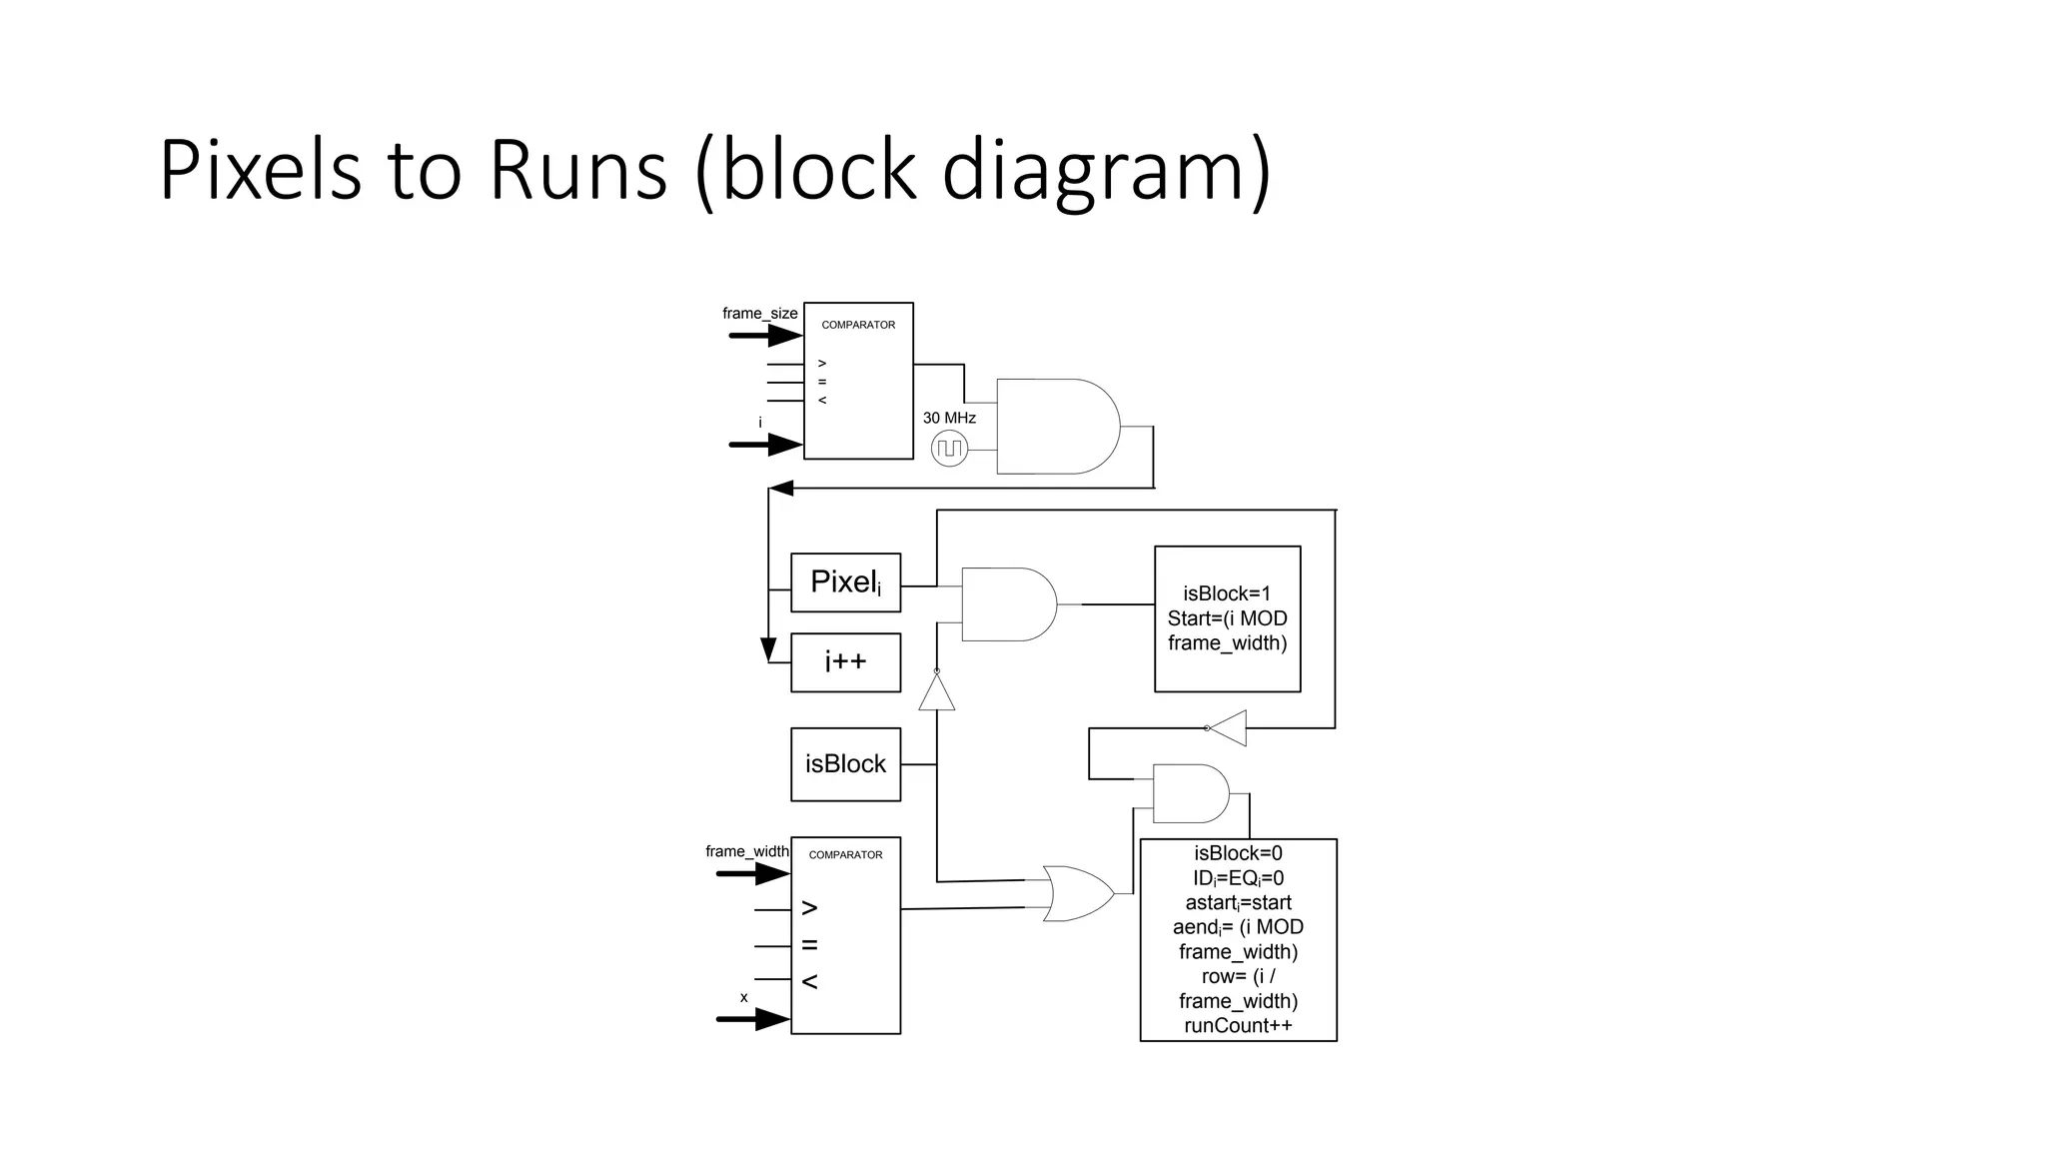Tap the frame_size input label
click(x=759, y=314)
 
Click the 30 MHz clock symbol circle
click(x=949, y=449)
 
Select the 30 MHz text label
click(x=949, y=418)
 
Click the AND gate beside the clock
click(x=1057, y=427)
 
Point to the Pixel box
click(x=845, y=582)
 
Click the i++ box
click(x=845, y=662)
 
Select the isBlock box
click(x=845, y=764)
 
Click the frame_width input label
click(x=746, y=851)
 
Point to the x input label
click(x=743, y=997)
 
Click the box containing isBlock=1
click(x=1227, y=618)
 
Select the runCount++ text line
click(x=1238, y=1026)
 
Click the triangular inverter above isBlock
click(x=936, y=692)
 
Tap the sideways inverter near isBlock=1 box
click(x=1229, y=727)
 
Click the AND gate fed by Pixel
click(x=1007, y=604)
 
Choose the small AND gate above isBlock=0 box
click(x=1190, y=793)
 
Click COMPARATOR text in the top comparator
click(x=858, y=325)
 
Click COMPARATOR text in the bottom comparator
click(x=845, y=855)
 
